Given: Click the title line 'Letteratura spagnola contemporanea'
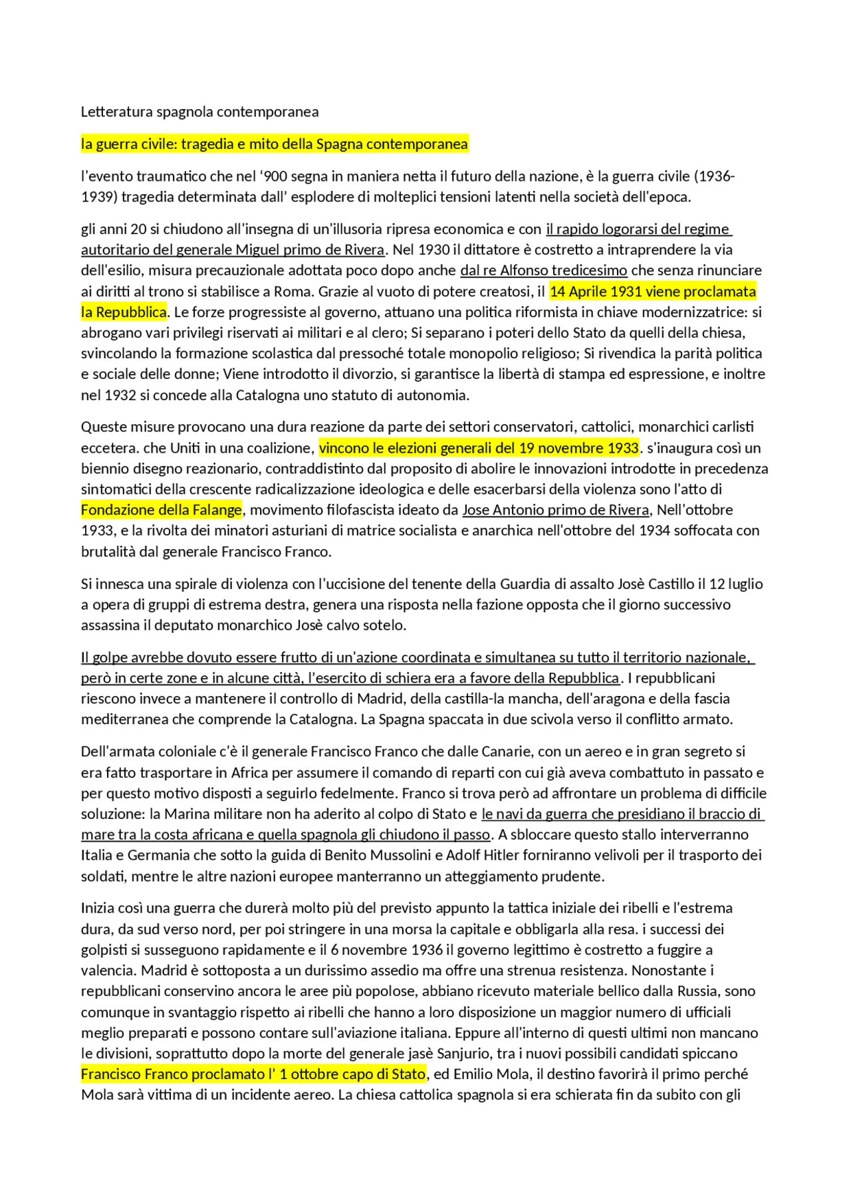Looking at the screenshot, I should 199,112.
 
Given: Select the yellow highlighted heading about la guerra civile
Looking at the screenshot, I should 274,144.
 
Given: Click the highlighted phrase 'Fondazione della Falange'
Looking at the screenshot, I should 162,510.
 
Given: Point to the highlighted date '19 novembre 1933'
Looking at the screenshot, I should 588,448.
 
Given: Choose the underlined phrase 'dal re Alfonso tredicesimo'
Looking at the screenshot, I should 543,271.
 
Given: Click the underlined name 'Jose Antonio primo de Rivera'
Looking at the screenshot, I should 555,510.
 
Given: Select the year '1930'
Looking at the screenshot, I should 433,250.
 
